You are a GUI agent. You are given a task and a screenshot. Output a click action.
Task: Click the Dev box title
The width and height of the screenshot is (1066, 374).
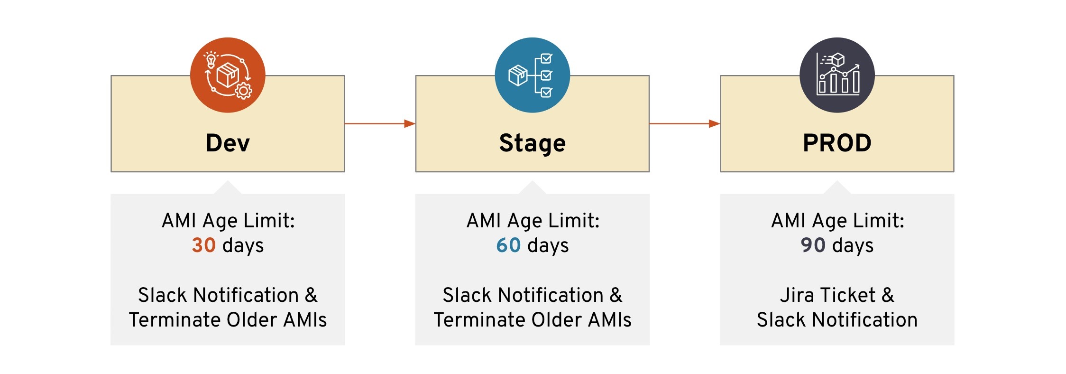228,143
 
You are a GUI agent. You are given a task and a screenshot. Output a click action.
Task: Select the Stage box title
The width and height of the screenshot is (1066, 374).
532,143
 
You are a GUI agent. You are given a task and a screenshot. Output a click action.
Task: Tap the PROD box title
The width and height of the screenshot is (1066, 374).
837,143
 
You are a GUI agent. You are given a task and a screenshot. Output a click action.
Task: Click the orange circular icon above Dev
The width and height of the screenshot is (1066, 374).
228,75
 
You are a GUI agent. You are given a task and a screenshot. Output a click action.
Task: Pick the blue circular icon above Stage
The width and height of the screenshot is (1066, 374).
532,75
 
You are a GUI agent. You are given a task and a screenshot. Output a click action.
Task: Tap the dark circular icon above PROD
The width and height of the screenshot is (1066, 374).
837,75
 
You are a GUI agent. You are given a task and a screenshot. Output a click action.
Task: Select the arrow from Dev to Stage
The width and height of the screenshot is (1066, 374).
380,124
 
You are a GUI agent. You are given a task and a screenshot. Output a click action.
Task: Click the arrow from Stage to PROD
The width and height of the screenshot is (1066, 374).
684,124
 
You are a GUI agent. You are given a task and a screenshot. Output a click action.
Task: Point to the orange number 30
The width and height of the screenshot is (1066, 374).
203,245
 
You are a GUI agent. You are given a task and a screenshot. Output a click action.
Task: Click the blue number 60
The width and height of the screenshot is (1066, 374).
508,245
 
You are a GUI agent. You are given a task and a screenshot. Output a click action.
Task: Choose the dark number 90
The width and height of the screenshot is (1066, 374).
813,245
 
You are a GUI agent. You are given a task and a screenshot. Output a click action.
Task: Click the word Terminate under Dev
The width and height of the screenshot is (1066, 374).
173,320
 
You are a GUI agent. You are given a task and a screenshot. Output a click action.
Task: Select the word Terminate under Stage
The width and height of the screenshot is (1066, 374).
478,320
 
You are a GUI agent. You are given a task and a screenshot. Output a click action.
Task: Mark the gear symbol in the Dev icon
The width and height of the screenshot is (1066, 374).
244,90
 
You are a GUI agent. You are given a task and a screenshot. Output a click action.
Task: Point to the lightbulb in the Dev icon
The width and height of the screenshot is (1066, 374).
211,60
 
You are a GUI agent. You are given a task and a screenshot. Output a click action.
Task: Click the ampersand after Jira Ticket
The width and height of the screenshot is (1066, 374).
888,295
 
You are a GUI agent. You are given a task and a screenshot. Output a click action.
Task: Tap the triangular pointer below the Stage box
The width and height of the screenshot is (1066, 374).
532,187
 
